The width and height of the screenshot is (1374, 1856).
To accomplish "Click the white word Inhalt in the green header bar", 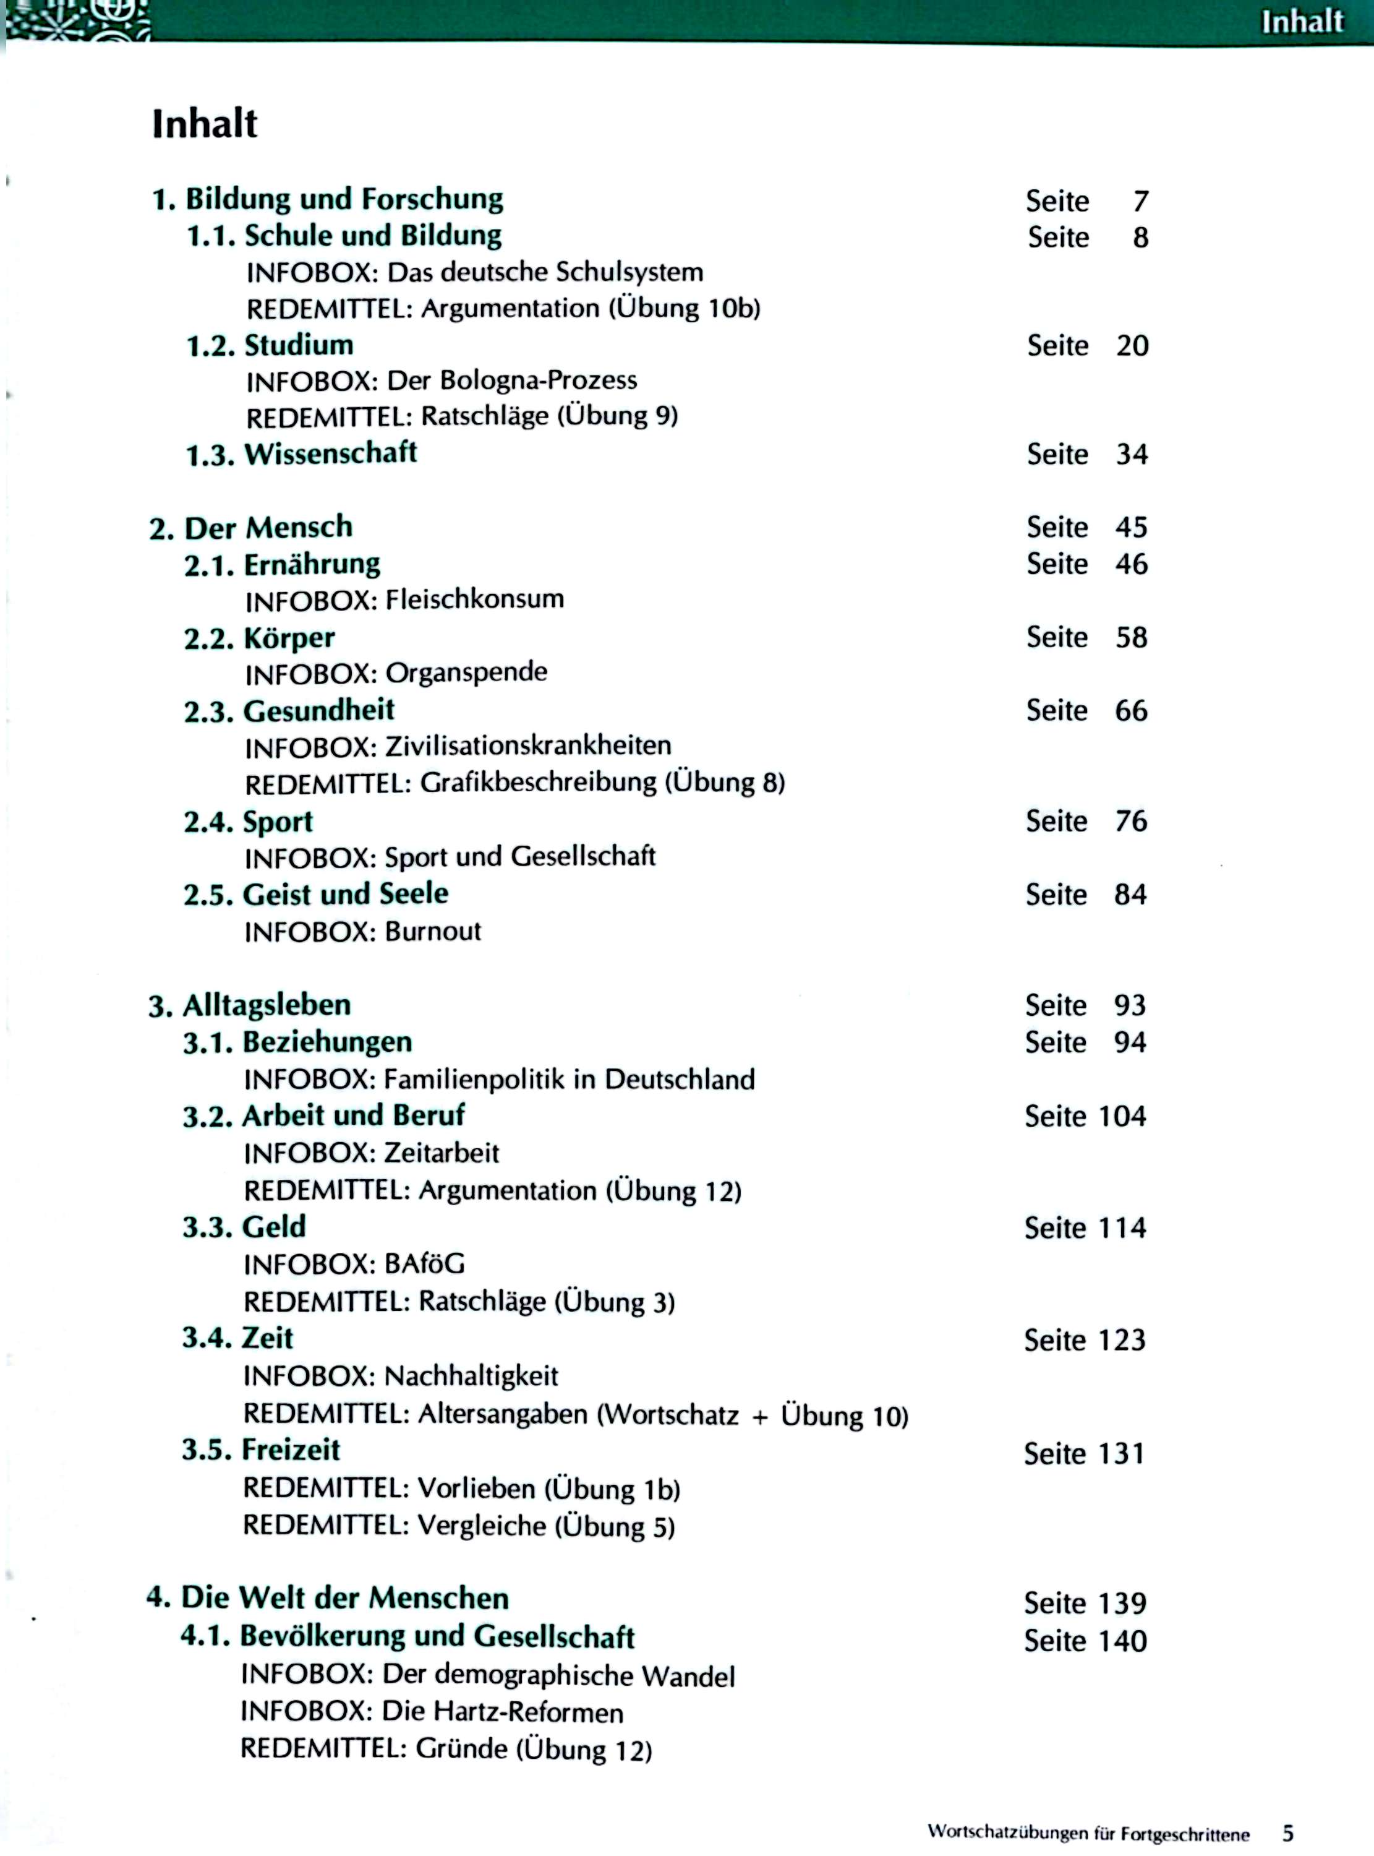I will coord(1302,22).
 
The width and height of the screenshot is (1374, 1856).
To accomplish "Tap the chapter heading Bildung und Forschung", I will coord(344,200).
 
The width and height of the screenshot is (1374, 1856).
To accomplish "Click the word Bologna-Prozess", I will coord(538,380).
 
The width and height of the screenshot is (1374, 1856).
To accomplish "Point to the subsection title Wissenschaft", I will coord(330,453).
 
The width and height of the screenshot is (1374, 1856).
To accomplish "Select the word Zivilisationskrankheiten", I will coord(527,745).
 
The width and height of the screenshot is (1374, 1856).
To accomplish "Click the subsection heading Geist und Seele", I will coord(345,895).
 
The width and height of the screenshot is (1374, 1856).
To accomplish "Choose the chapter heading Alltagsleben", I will coord(266,1005).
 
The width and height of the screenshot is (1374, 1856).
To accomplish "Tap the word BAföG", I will coord(424,1265).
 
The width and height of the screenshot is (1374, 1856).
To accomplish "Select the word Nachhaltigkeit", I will coord(471,1376).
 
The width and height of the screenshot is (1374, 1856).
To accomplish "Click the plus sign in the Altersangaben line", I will coord(759,1416).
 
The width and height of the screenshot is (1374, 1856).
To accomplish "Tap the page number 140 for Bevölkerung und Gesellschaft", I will coord(1119,1641).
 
